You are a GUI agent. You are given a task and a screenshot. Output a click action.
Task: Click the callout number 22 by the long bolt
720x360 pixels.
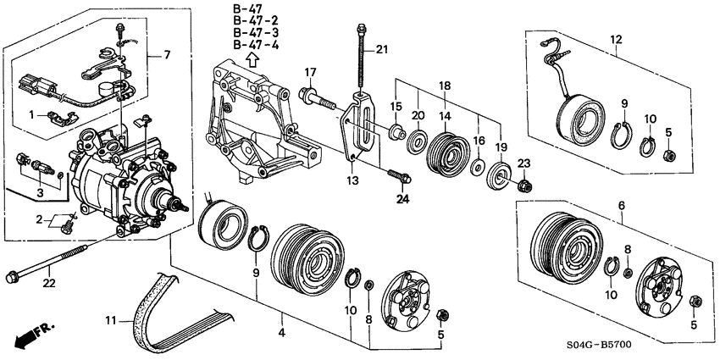49,283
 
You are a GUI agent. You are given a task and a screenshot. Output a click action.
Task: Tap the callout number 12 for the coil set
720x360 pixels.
616,38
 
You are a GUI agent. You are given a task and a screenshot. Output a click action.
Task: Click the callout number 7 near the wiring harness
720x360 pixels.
166,55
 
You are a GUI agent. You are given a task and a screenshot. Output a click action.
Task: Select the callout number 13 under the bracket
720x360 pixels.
353,180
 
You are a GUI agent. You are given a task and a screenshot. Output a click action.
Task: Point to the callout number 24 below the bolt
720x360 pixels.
402,200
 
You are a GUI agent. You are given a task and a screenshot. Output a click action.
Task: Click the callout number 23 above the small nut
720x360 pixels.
523,162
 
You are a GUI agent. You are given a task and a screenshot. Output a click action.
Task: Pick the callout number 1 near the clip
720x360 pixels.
32,114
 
